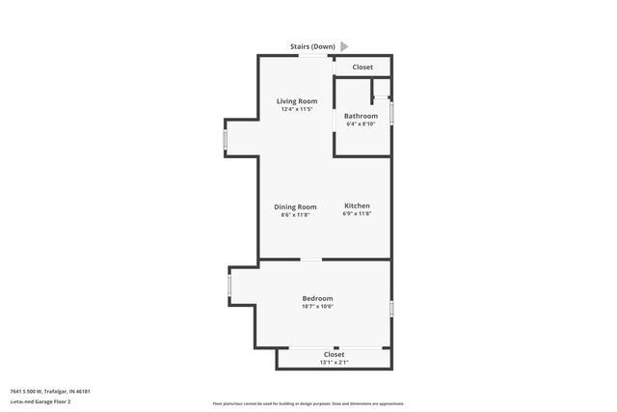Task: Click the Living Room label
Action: click(x=297, y=101)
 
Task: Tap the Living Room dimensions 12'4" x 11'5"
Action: click(x=297, y=109)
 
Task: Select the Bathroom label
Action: click(x=362, y=116)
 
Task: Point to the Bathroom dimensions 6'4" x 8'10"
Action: click(x=362, y=124)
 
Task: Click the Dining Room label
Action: click(x=295, y=206)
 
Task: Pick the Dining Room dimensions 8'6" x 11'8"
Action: click(x=295, y=214)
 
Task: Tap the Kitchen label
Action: click(x=357, y=206)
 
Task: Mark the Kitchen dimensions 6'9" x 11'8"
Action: click(x=357, y=214)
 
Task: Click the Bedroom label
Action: click(x=317, y=298)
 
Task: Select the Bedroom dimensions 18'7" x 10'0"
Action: click(x=317, y=307)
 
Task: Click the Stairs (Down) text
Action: click(x=312, y=45)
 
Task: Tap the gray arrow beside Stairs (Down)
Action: click(x=344, y=45)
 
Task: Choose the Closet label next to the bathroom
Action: click(x=362, y=67)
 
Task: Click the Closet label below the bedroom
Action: click(x=333, y=354)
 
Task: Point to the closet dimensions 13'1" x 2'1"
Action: click(x=333, y=363)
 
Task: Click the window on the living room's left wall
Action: click(x=226, y=141)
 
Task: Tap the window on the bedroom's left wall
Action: click(x=228, y=287)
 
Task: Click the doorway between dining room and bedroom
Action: click(x=311, y=259)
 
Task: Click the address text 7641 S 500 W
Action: click(x=33, y=391)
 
